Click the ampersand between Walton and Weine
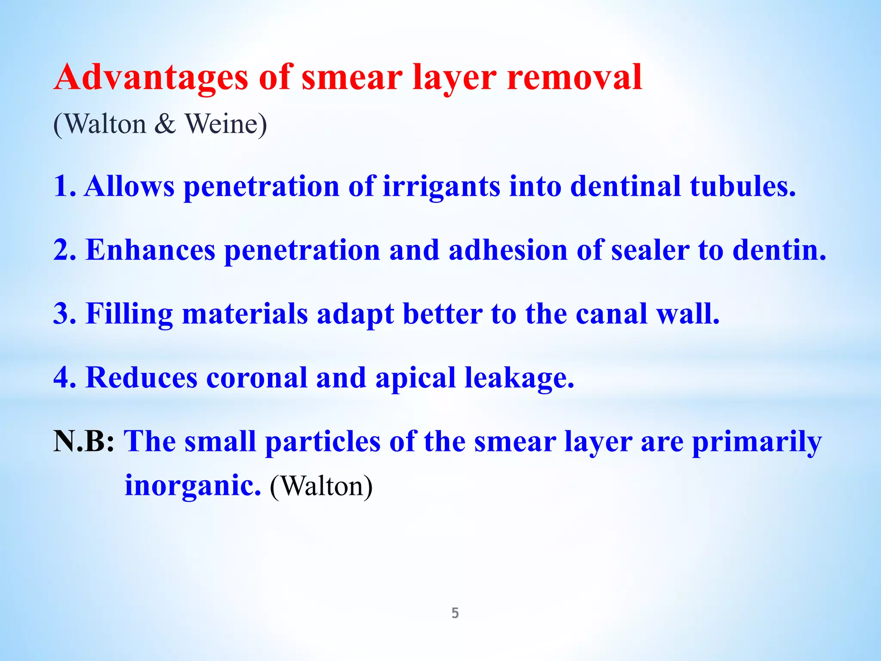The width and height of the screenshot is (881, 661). (165, 124)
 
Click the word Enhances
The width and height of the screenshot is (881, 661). (151, 250)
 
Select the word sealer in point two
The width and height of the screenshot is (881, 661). (650, 250)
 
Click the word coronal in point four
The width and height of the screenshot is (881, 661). (257, 377)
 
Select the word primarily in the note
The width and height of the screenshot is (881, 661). (757, 442)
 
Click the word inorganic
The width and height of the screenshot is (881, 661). (193, 486)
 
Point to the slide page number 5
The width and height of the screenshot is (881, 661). (455, 613)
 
